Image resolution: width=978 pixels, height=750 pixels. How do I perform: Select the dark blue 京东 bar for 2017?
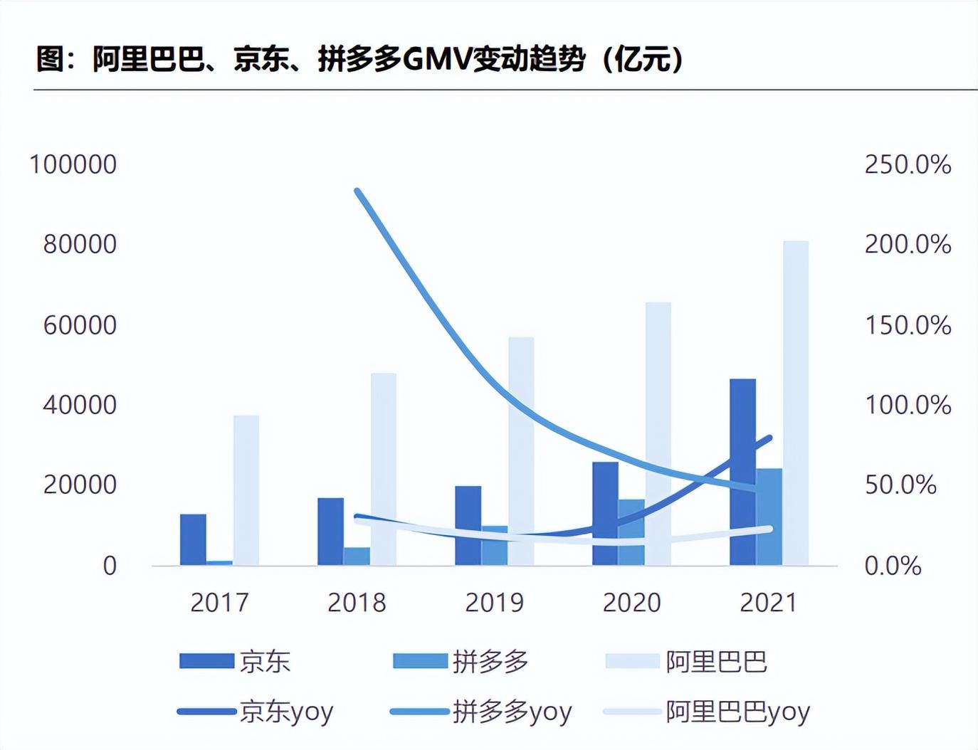(x=193, y=539)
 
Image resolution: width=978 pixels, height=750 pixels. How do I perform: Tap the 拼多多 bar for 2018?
(x=357, y=556)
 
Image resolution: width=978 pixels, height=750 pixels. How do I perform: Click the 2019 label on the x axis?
(x=494, y=603)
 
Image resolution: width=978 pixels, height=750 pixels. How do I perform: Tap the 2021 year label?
(x=769, y=603)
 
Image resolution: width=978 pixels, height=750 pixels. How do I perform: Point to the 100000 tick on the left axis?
(x=73, y=164)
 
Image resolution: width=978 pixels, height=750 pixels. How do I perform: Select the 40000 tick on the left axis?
(x=80, y=405)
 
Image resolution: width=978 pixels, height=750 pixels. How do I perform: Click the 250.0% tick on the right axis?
(x=908, y=164)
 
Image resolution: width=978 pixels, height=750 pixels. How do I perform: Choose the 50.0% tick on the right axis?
(x=900, y=485)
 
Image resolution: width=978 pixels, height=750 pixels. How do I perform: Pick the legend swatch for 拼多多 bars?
(x=420, y=661)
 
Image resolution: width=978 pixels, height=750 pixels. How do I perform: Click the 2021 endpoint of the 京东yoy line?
(x=769, y=438)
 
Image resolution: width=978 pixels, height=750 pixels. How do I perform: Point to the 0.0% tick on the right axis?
(x=893, y=566)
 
